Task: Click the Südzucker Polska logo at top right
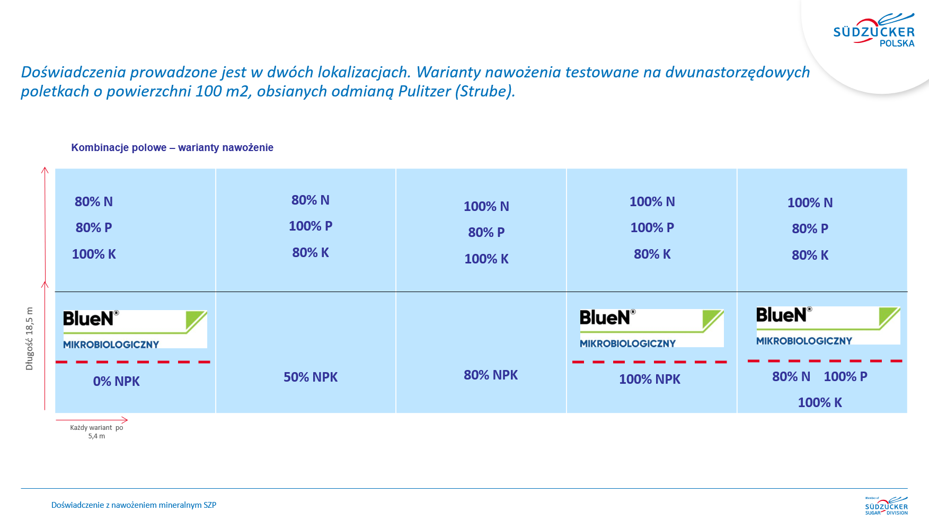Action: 874,31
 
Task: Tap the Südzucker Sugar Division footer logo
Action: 887,506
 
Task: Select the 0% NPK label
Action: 117,381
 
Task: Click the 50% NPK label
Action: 311,377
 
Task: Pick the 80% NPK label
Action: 491,375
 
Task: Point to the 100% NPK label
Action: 650,379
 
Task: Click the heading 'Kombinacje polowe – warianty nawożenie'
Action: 172,147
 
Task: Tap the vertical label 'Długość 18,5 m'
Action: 29,339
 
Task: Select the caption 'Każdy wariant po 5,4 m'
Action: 96,431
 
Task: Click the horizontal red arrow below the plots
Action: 92,420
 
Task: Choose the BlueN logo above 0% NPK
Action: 135,329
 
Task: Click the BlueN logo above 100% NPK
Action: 652,328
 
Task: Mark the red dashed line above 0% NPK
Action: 133,362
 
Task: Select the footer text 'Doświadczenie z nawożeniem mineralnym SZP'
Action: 134,505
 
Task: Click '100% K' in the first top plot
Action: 94,254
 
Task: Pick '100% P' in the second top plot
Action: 311,226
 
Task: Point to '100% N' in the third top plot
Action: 486,206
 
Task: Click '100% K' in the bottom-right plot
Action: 820,402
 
